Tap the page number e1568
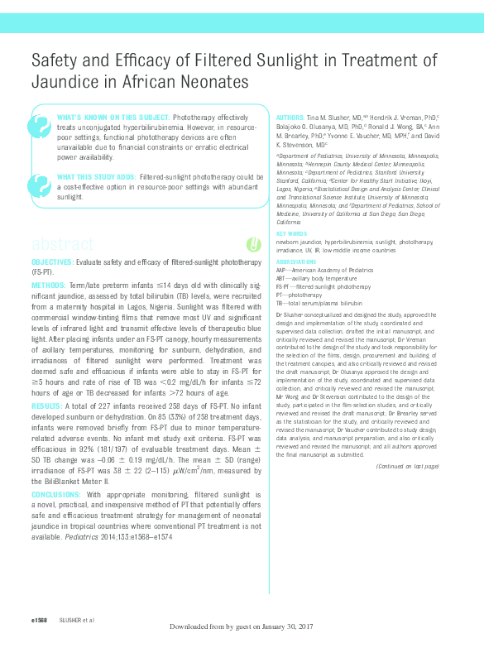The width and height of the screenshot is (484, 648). (x=40, y=618)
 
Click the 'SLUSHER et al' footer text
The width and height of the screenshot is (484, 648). (x=75, y=618)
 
